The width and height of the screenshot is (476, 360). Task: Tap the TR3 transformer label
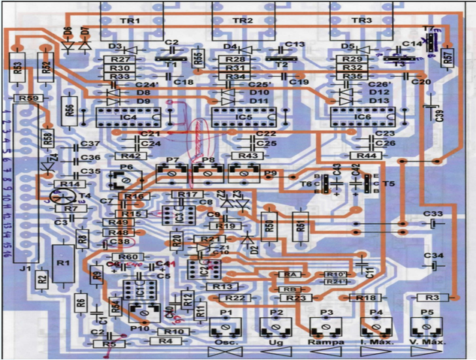click(362, 21)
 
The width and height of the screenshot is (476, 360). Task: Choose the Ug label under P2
click(276, 342)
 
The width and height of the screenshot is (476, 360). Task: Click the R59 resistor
click(30, 98)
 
